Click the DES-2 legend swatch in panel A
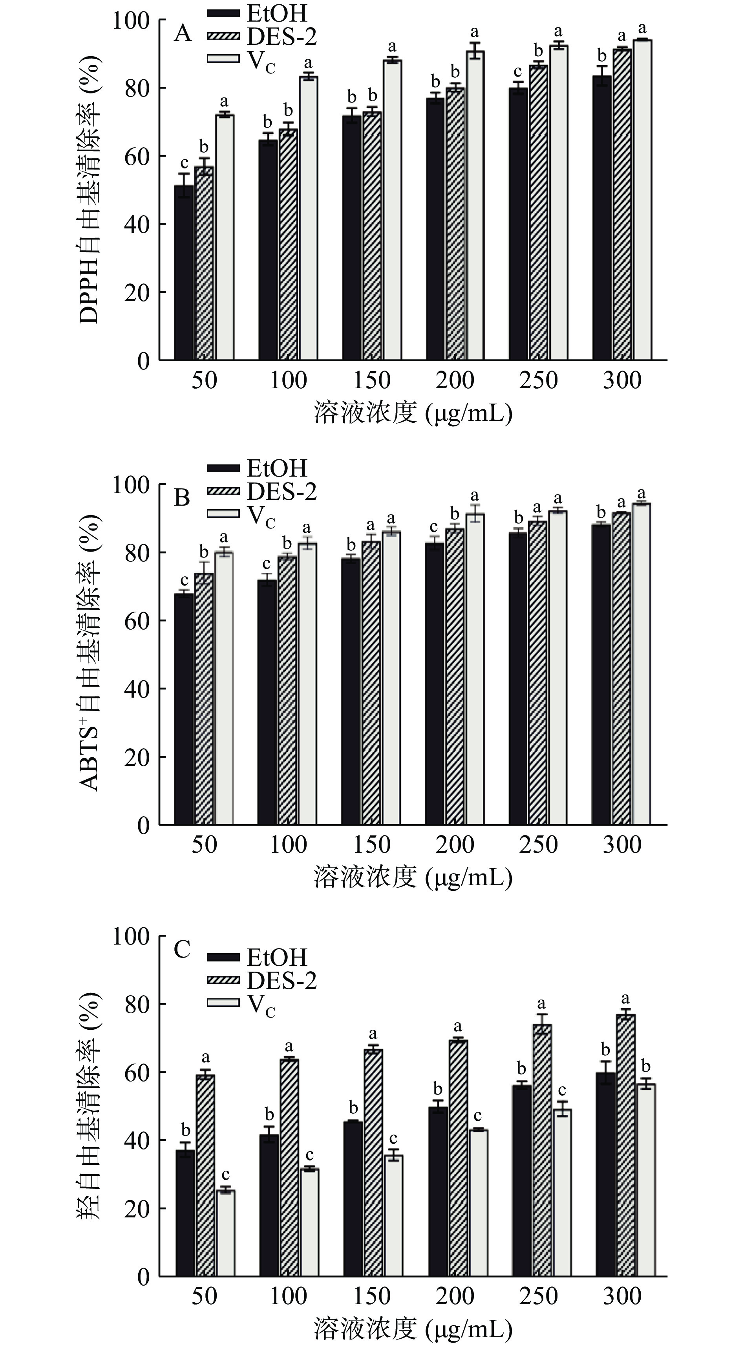click(223, 36)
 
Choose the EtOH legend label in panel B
click(277, 468)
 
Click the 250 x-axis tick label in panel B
click(538, 845)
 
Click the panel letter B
click(182, 497)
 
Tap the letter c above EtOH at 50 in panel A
click(184, 163)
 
